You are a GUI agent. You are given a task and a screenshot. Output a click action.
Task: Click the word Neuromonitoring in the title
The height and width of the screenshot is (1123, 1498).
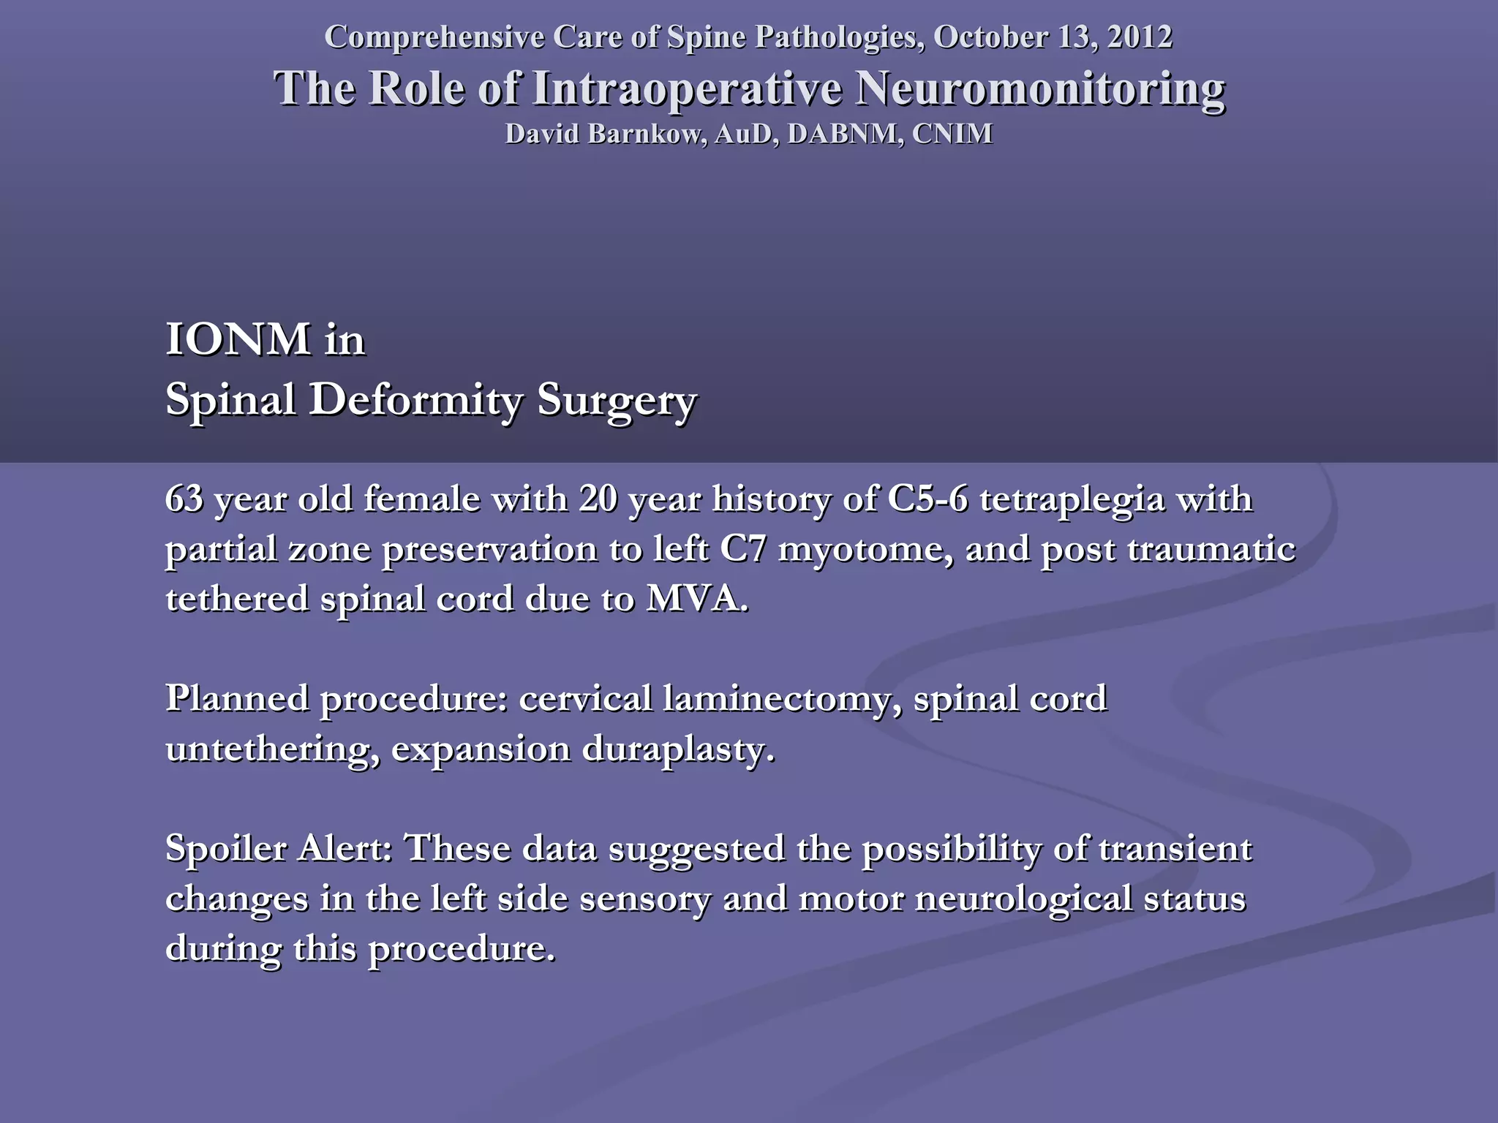coord(1039,89)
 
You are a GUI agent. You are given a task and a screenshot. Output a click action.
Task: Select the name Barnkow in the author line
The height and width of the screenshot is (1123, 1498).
coord(643,134)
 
